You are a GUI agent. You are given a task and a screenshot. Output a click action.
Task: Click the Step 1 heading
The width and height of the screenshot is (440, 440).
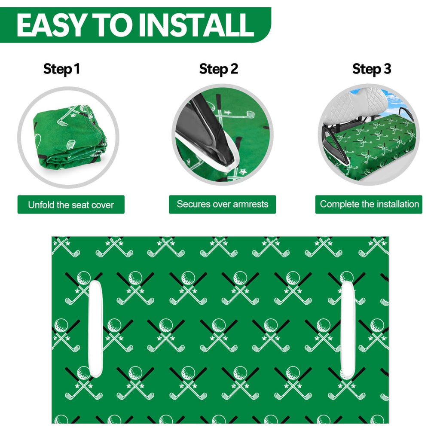click(61, 69)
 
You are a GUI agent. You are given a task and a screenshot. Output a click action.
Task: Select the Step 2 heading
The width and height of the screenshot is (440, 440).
click(219, 69)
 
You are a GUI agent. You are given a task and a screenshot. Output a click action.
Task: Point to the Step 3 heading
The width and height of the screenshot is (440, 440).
click(372, 69)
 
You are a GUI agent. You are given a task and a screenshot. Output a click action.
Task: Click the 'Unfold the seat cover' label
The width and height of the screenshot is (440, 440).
click(71, 205)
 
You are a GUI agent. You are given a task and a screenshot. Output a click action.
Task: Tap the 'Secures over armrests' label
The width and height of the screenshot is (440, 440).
click(223, 204)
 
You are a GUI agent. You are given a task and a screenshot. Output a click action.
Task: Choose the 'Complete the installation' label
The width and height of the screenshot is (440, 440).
click(369, 204)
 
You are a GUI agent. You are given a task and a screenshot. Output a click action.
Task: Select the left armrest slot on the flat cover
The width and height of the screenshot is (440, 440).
click(95, 329)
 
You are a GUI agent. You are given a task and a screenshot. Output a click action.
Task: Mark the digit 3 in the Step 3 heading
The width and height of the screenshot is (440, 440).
click(387, 69)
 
